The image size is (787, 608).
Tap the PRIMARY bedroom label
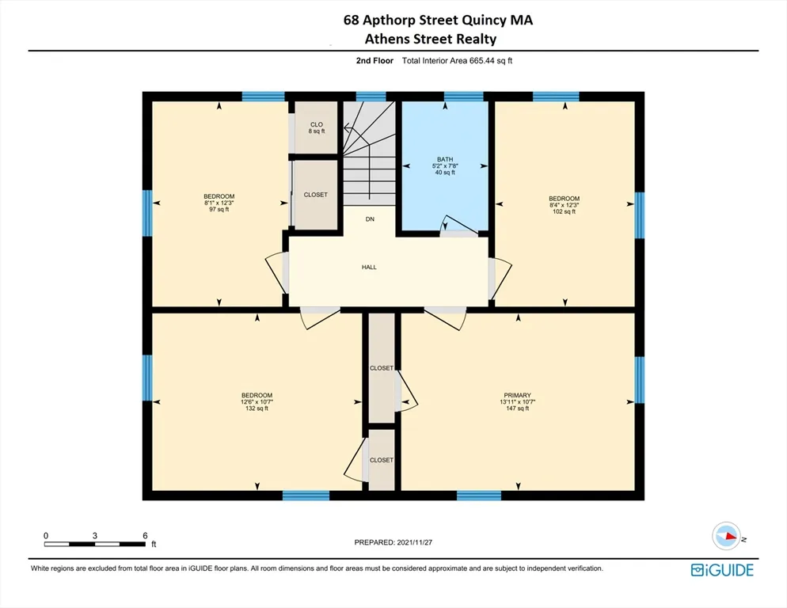(x=517, y=395)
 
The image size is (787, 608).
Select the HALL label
(x=369, y=268)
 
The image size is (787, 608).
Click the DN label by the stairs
(x=369, y=219)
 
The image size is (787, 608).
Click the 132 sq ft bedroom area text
(x=257, y=408)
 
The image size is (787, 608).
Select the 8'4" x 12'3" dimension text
(x=565, y=205)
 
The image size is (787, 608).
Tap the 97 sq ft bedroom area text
(x=219, y=210)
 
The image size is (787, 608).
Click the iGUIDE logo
(x=721, y=570)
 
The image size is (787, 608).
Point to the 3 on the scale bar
(x=95, y=536)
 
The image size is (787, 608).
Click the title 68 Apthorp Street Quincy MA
(x=438, y=21)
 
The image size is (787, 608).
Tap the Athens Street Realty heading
(x=432, y=39)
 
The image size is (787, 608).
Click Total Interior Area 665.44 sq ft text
(x=457, y=60)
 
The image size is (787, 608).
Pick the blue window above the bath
(x=463, y=97)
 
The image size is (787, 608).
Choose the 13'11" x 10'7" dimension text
(x=517, y=402)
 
